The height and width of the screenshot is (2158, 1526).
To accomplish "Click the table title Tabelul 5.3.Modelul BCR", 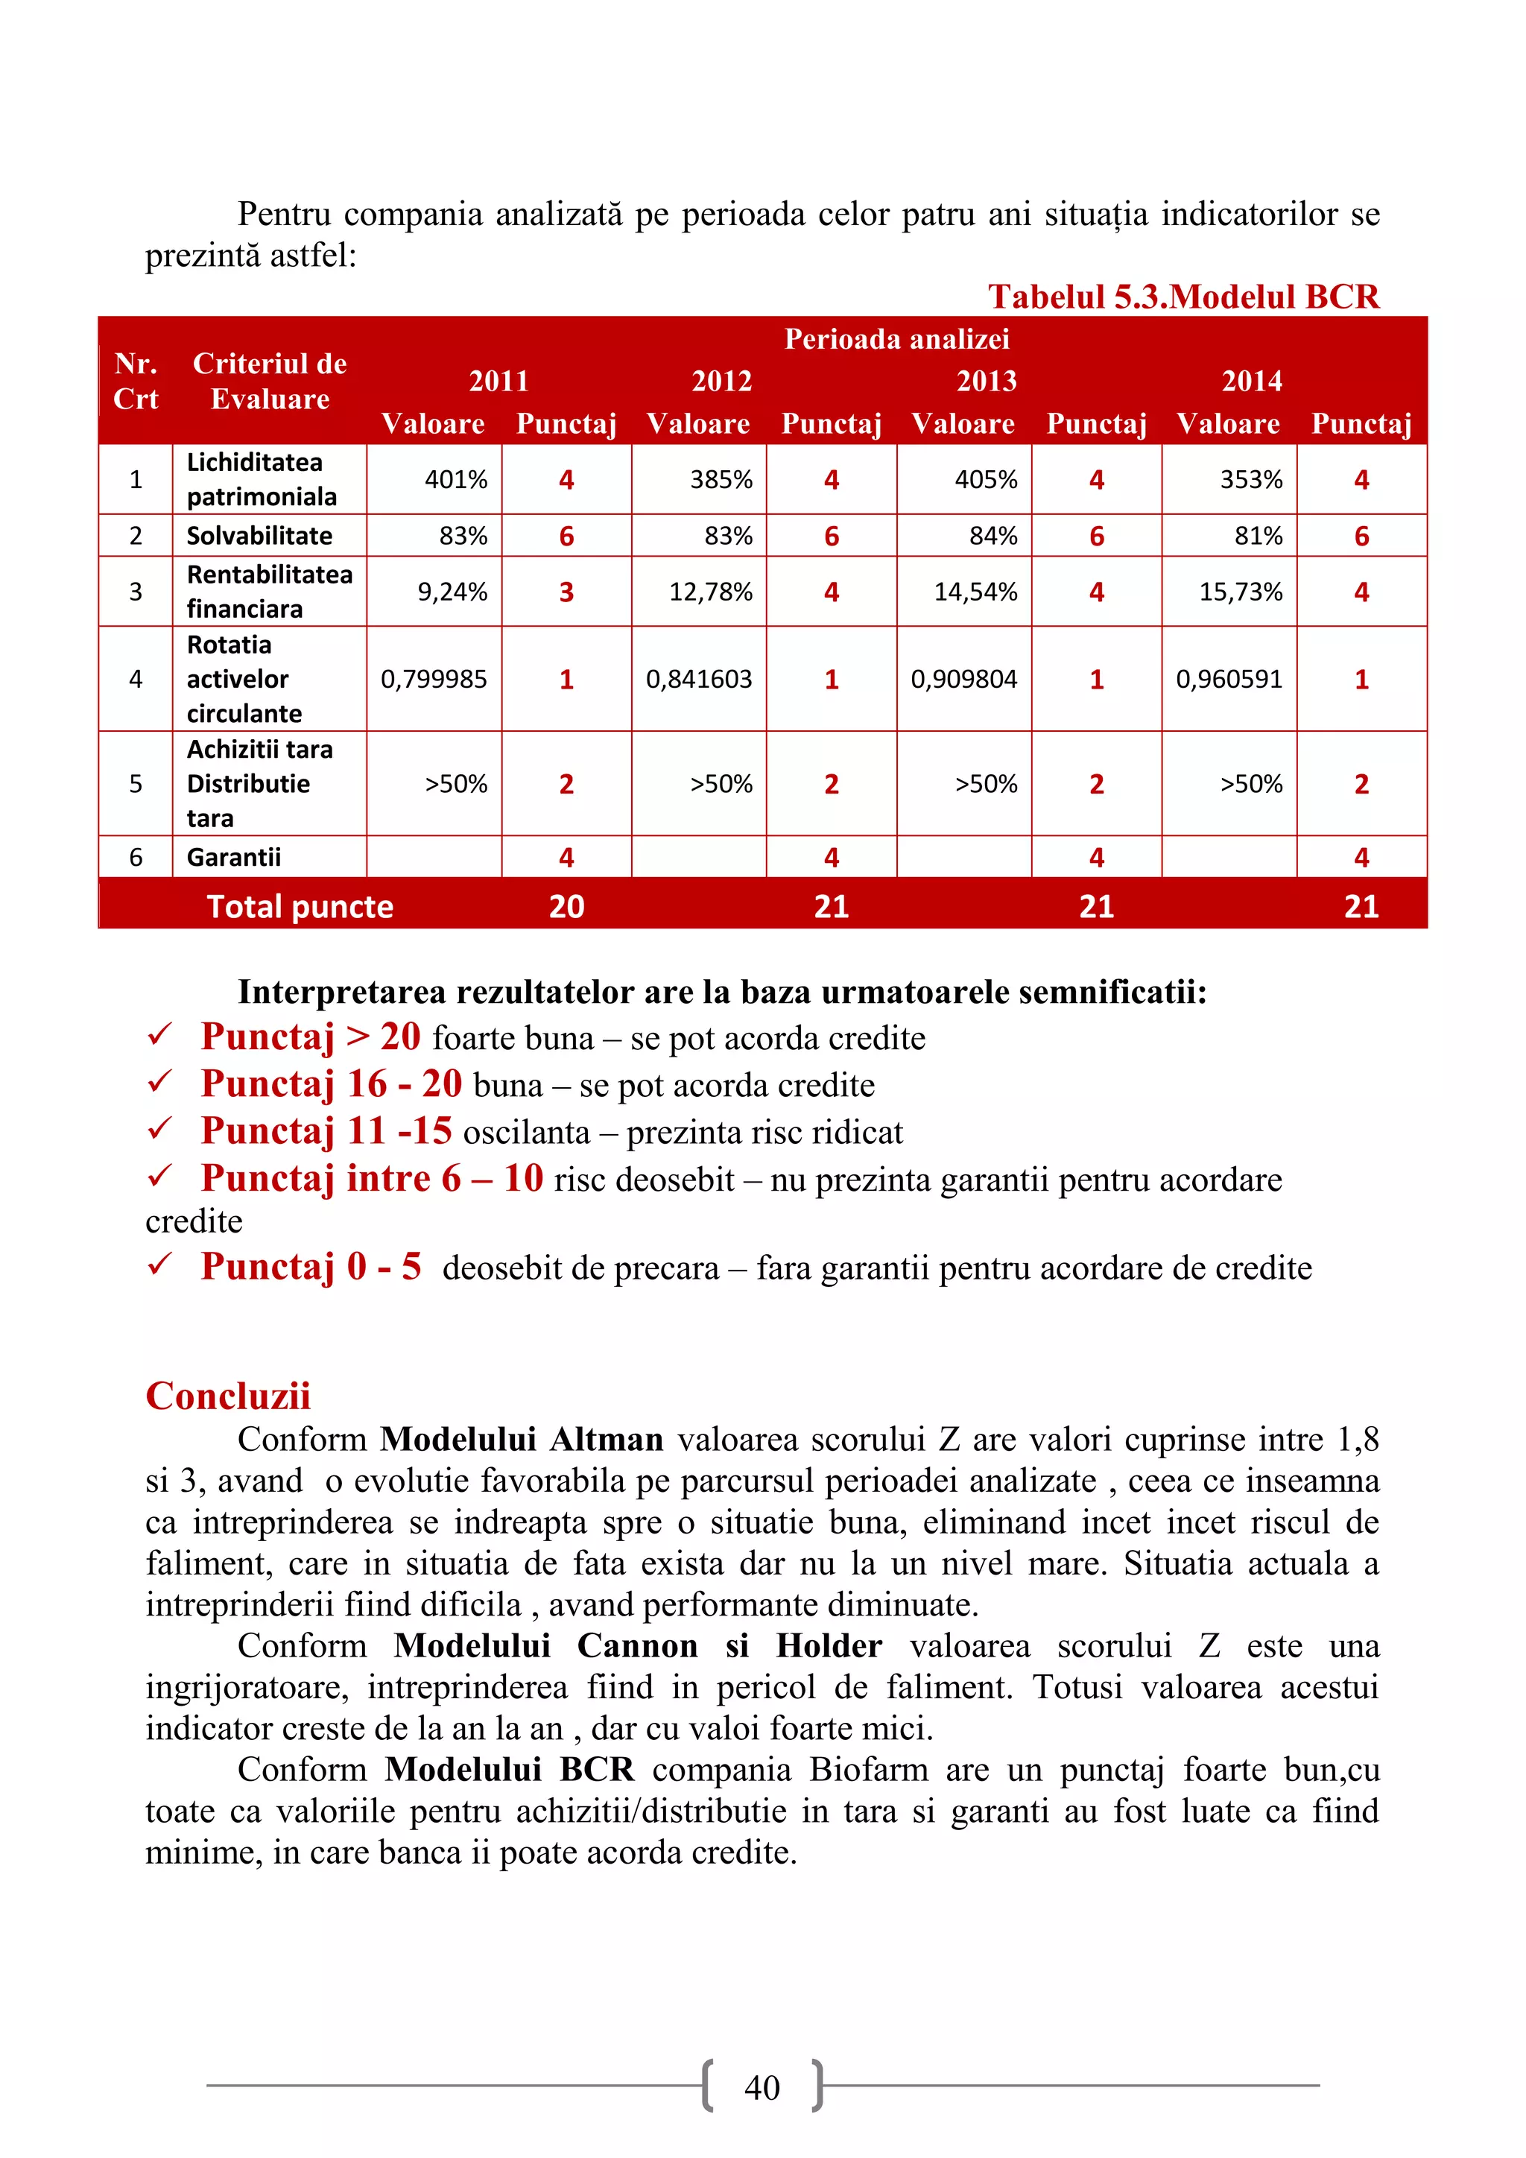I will click(x=1183, y=297).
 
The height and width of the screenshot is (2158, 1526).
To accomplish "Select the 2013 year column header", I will click(x=987, y=381).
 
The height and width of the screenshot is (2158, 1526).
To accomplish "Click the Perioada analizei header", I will click(x=896, y=338).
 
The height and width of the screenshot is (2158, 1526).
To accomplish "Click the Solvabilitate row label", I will click(x=259, y=536).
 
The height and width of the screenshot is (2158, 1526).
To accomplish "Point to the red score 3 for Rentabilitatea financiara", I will click(x=566, y=592).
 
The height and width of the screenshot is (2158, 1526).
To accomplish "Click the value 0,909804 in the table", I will click(x=963, y=679).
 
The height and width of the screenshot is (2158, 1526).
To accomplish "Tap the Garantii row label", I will click(x=234, y=857).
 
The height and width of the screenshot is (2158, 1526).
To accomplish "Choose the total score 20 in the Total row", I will click(x=566, y=906).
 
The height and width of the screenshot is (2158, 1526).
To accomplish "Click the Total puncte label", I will click(x=300, y=906).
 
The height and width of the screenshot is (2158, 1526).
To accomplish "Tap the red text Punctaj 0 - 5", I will click(x=311, y=1266).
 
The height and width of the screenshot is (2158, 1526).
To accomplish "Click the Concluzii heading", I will click(x=228, y=1395).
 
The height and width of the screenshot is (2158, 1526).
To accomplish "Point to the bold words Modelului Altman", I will click(x=522, y=1439).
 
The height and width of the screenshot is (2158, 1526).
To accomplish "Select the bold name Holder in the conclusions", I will click(x=828, y=1646).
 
